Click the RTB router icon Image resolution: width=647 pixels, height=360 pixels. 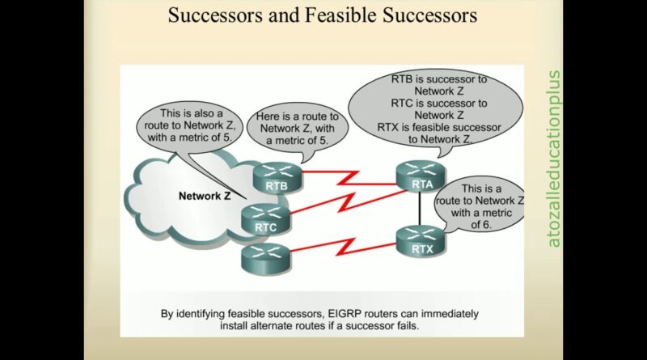coord(277,178)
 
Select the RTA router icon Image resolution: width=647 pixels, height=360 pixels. coord(421,176)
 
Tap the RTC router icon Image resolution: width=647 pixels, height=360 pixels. coord(266,219)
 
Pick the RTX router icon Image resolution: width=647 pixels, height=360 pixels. coord(421,241)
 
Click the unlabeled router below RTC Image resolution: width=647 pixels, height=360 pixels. coord(266,259)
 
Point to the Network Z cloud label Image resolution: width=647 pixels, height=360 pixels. coord(205,196)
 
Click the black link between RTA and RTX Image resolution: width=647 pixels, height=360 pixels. coord(420,209)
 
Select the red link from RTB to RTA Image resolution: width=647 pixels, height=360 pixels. coord(349,177)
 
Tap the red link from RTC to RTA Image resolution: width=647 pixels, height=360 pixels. coord(349,202)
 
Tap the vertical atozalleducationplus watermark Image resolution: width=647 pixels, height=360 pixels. coord(554,159)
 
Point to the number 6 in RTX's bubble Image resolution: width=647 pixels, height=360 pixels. coord(487,225)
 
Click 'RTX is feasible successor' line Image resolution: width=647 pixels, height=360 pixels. coord(439,128)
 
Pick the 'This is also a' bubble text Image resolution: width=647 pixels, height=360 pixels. coord(192,113)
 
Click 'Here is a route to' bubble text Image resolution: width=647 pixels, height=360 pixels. coord(297,116)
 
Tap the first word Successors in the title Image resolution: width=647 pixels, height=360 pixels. coord(215,15)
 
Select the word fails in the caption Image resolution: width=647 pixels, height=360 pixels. coord(408,326)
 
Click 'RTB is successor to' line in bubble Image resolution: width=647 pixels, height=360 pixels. coord(439,78)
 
